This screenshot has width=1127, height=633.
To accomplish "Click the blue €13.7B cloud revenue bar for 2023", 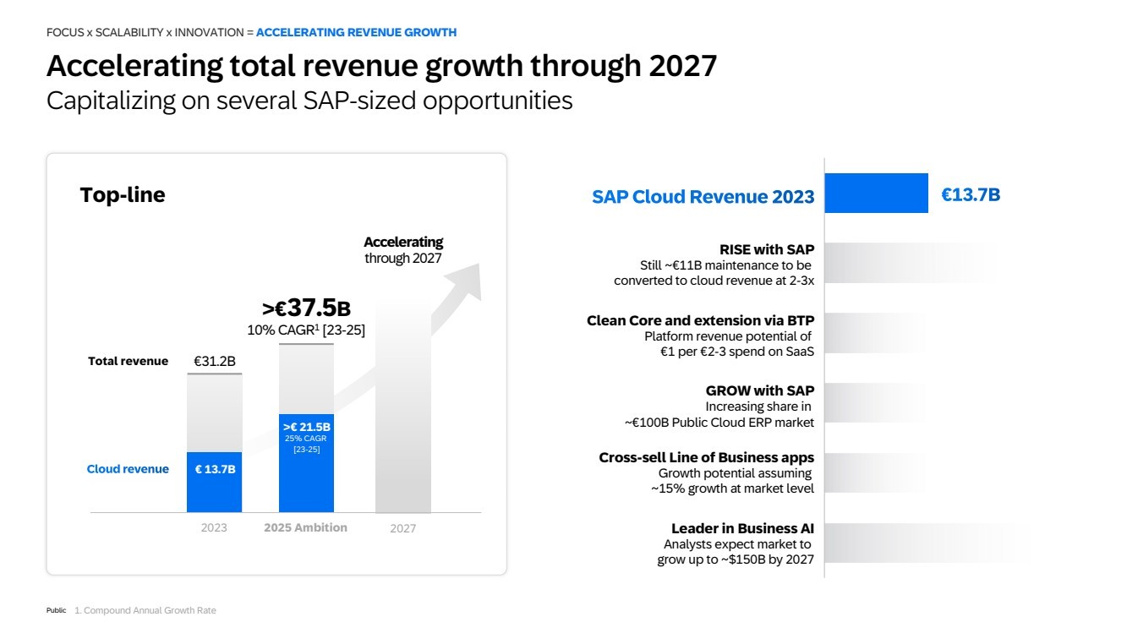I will pos(214,482).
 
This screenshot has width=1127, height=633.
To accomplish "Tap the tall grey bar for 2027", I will pos(402,406).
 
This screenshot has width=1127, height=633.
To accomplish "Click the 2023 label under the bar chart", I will pos(214,528).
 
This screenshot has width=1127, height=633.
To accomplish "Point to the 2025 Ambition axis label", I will pos(305,527).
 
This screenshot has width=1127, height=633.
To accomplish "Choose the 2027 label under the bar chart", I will pos(402,529).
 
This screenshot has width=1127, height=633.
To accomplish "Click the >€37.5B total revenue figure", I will pos(306,308).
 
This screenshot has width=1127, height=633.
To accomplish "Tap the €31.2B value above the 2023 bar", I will pos(215,362).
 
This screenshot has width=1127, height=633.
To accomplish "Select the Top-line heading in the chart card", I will pos(123,195).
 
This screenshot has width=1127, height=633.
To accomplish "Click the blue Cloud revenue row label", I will pos(128,469).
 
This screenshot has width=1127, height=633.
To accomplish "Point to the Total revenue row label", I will pos(128,362).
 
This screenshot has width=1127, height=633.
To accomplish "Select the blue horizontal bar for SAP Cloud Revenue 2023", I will pos(876,194).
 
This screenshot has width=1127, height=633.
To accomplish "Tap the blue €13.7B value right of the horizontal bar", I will pos(971,195).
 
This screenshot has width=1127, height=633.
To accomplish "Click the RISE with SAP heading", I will pos(767,249).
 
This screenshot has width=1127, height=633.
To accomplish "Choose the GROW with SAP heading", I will pos(760,390).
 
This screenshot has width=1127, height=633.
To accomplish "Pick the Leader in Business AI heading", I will pos(742,529).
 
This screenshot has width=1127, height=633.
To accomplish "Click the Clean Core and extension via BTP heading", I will pos(700,321).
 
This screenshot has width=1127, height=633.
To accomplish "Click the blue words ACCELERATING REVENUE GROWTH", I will pos(356,32).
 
